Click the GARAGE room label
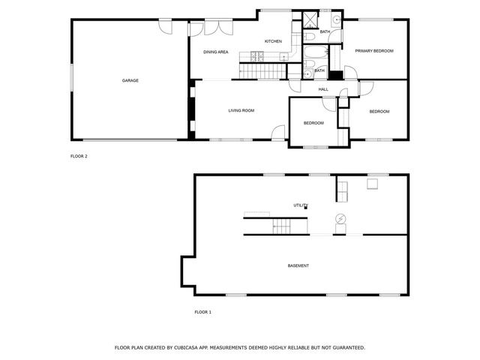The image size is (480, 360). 130,80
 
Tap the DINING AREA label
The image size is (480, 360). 216,52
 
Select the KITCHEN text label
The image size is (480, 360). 273,41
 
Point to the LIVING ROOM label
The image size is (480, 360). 241,110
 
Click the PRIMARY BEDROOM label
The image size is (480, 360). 374,51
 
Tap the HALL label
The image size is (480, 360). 323,89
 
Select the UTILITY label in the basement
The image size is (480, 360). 301,205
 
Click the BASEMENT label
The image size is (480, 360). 298,265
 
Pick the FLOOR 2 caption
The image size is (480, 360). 79,156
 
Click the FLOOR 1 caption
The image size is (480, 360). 203,312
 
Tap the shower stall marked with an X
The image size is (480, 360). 310,19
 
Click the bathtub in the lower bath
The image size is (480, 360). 316,52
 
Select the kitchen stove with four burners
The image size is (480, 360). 257,56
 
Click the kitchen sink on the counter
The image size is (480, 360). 283,57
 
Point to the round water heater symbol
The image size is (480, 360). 340,218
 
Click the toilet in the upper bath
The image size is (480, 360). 310,37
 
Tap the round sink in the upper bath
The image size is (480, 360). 337,19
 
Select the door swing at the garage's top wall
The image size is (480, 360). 166,27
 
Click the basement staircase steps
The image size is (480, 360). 281,226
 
